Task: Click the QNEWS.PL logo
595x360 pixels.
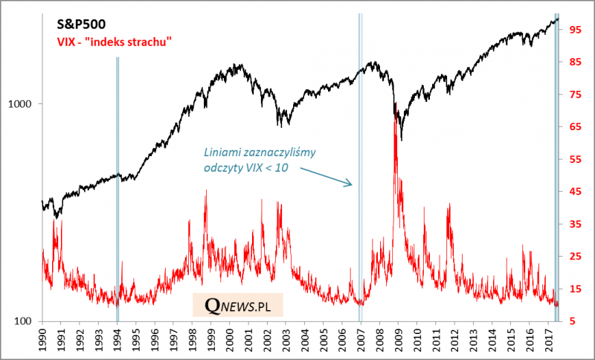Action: [x=238, y=306]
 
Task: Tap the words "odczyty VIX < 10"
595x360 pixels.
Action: [x=245, y=168]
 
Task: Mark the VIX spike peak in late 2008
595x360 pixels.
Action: [x=396, y=104]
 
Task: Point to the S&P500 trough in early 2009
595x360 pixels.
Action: [x=401, y=139]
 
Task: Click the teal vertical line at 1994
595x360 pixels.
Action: [x=118, y=186]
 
